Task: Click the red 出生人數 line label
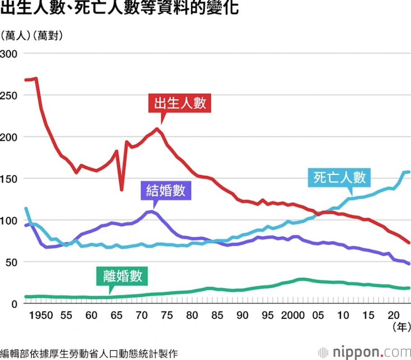coord(179,103)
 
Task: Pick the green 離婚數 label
coord(122,276)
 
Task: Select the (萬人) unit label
coord(16,36)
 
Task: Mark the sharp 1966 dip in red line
coord(121,189)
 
